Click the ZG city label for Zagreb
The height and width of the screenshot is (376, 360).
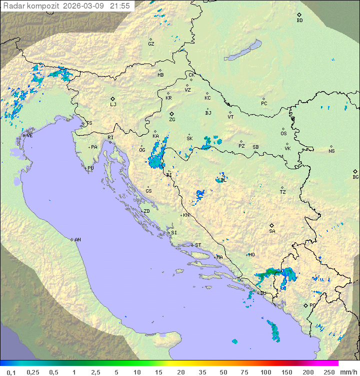pos(172,120)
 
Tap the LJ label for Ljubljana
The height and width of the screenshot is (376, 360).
pos(113,104)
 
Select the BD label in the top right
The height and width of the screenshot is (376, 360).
pos(299,21)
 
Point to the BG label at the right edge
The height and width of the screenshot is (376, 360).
pos(355,177)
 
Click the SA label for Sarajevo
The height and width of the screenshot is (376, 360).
pos(272,231)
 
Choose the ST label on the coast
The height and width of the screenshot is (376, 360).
pos(198,245)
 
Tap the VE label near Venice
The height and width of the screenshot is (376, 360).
pos(29,136)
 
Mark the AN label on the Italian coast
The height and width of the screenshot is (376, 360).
pos(77,240)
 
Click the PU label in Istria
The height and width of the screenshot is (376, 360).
pos(90,168)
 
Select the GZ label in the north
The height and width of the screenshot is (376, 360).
pos(151,44)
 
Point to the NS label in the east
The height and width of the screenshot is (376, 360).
pos(331,151)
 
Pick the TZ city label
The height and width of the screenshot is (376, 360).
pos(283,192)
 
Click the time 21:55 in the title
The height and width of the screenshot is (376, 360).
pos(120,6)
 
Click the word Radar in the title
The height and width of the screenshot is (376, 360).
pos(13,6)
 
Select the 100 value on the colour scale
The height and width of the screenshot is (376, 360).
pos(265,372)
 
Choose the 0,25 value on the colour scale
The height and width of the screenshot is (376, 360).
pos(33,372)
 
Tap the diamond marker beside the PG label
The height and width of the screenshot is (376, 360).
pos(305,305)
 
